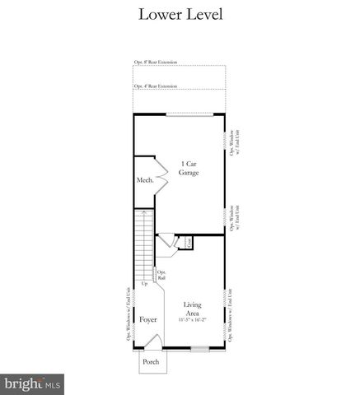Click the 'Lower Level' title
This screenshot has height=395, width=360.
pyautogui.click(x=180, y=15)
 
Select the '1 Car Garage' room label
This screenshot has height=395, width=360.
pyautogui.click(x=189, y=168)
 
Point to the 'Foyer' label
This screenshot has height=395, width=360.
pyautogui.click(x=147, y=319)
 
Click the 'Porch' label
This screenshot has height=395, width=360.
pyautogui.click(x=151, y=361)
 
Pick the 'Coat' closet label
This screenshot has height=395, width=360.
pyautogui.click(x=188, y=242)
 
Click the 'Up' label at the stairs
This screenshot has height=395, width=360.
pyautogui.click(x=145, y=285)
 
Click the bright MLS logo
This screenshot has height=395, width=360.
pyautogui.click(x=34, y=383)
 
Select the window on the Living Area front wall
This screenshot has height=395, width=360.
pyautogui.click(x=200, y=349)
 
